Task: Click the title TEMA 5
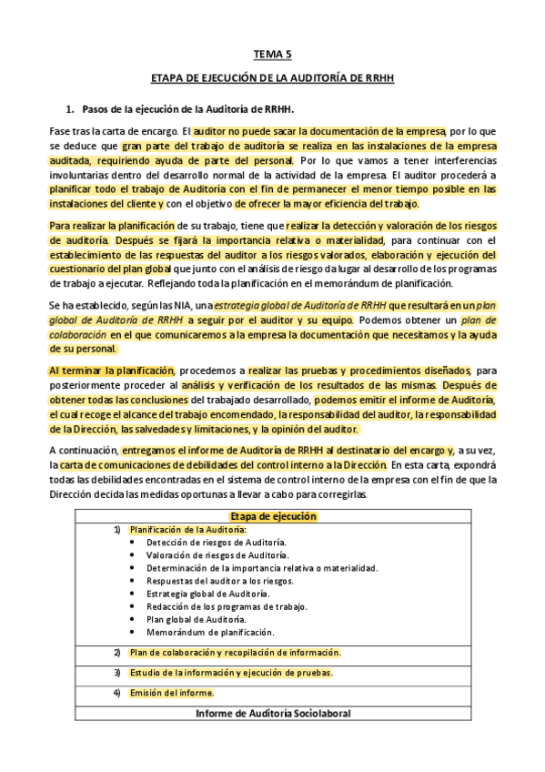tap(272, 55)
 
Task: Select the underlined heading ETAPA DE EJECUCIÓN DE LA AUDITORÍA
tap(272, 79)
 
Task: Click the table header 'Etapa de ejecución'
tap(273, 516)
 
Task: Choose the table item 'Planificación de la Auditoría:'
tap(187, 529)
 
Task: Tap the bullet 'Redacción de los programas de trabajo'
tap(227, 606)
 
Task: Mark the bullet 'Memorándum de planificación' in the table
tap(210, 632)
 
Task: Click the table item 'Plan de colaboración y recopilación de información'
tap(235, 652)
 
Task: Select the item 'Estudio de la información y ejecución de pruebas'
tap(231, 673)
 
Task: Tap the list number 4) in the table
tap(116, 693)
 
